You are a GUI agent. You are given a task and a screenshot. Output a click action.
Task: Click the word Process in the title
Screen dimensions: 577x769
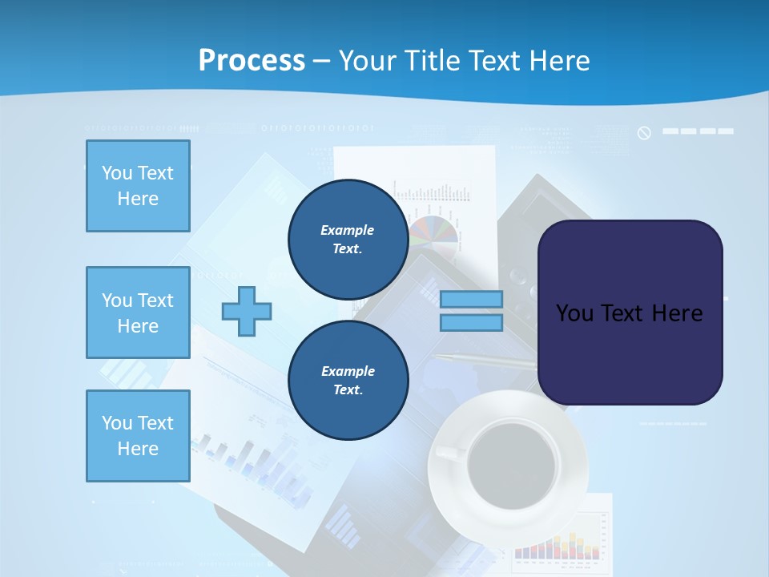coord(252,60)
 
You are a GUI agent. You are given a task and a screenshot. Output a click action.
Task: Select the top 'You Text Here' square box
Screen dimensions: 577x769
coord(138,186)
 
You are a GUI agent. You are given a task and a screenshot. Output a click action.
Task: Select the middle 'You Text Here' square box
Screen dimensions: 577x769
coord(138,313)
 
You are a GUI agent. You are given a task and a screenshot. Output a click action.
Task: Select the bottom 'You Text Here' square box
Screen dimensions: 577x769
coord(138,436)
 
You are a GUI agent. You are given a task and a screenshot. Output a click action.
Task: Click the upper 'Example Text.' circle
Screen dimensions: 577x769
coord(348,239)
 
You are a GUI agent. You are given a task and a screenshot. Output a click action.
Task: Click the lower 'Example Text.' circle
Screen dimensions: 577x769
coord(348,380)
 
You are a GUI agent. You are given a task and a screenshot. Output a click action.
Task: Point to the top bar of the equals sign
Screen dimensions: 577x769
coord(471,300)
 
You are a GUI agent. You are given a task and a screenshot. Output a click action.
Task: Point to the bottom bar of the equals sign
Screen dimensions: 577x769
coord(471,323)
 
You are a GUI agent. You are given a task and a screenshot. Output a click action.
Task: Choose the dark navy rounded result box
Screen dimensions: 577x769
coord(630,313)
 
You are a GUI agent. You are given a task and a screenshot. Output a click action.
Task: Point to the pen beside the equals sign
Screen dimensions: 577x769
coord(489,361)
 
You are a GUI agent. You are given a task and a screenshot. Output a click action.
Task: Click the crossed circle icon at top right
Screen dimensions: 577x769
coord(644,132)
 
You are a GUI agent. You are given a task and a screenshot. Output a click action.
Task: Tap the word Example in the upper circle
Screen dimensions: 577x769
coord(348,230)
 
